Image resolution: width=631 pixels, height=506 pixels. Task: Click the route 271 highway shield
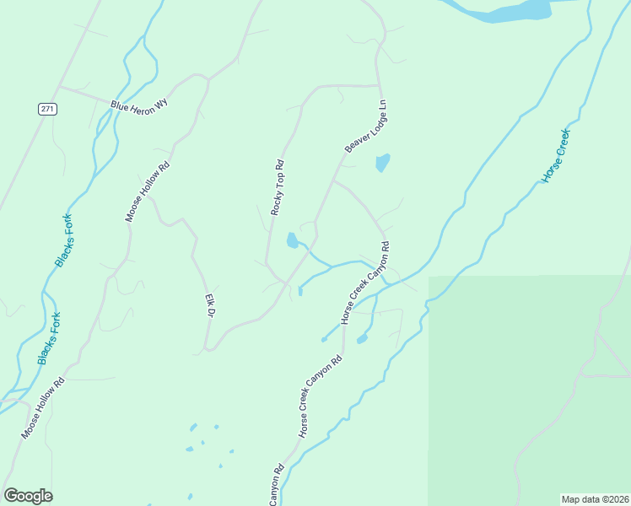pos(47,110)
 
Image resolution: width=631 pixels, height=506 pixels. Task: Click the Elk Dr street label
pos(210,305)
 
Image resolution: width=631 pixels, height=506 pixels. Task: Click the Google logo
pos(28,496)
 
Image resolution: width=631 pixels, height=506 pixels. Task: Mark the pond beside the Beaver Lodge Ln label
pos(382,162)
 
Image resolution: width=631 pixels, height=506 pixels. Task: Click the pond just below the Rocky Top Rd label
pos(292,241)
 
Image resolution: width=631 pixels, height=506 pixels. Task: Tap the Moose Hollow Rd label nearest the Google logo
pos(43,408)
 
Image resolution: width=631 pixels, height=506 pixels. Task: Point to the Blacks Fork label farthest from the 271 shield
pos(49,338)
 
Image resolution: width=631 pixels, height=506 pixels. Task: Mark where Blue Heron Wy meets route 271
pos(58,86)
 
